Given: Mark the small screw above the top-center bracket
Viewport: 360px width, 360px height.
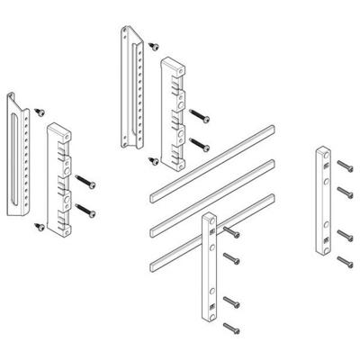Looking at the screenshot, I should [153, 42].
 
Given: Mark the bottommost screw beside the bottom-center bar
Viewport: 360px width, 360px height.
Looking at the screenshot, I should [233, 330].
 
